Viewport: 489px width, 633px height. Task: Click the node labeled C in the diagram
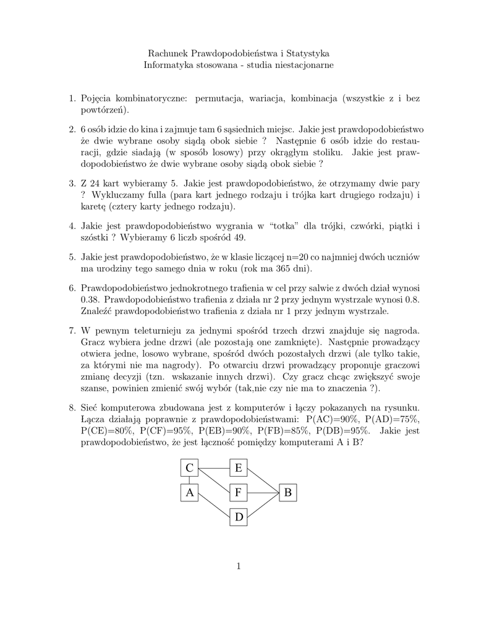(189, 469)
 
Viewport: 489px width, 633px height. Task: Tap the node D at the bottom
(239, 517)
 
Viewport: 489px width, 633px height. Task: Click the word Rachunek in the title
(168, 54)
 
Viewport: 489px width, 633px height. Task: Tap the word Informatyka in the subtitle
(169, 66)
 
